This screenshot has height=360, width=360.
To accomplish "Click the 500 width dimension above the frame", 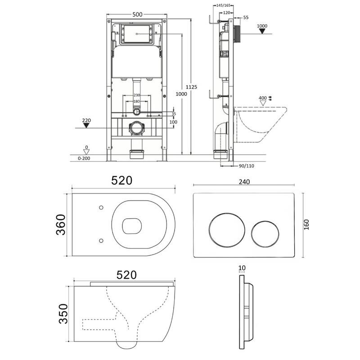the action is (x=137, y=14).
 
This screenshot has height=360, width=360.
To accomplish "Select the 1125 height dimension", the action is (x=191, y=87).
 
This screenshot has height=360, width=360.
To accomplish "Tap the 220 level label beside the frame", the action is (x=86, y=120).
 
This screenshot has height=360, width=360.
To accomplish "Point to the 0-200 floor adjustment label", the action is (x=84, y=158).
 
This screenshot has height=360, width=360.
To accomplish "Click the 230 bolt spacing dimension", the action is (x=137, y=95).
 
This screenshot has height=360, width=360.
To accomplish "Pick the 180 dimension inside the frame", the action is (x=137, y=101).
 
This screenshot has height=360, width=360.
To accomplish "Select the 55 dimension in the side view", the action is (x=246, y=18).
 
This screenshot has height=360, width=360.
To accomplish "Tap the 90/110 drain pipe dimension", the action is (x=246, y=166).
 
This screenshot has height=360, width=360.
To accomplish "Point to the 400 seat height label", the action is (x=263, y=98).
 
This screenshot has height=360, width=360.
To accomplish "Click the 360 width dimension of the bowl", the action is (x=61, y=225).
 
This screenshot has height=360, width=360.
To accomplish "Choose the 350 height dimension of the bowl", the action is (x=63, y=314).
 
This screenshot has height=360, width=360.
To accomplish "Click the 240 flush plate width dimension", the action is (x=244, y=182).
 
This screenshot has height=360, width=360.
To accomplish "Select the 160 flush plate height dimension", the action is (x=306, y=225).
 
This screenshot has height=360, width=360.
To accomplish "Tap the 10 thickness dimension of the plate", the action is (x=242, y=268).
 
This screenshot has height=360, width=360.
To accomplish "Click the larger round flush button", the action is (x=227, y=230).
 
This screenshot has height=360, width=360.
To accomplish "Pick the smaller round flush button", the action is (x=265, y=234).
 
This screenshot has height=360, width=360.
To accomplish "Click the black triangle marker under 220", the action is (x=86, y=126).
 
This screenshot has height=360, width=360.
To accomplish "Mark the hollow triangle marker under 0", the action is (x=86, y=152).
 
